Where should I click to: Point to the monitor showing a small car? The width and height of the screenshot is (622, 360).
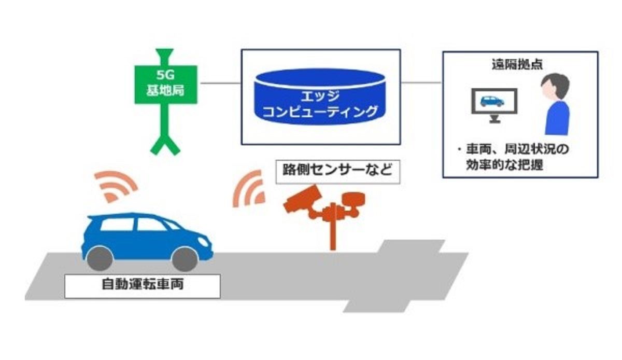[x=493, y=103]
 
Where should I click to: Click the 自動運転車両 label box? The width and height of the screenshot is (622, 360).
[x=142, y=285]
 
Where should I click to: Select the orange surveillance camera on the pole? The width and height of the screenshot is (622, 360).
[x=304, y=198]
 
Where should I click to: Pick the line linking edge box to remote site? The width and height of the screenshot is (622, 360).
[x=421, y=83]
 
